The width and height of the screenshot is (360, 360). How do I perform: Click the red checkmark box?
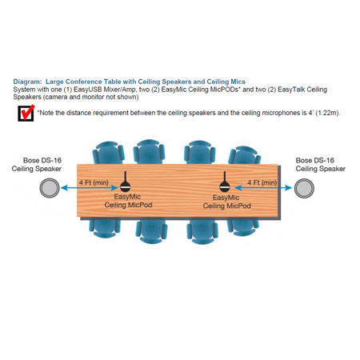click(x=26, y=113)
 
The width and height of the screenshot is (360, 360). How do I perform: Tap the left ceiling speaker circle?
click(x=50, y=188)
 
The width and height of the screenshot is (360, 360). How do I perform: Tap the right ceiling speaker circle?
click(x=304, y=188)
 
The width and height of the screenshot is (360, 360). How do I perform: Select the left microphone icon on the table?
click(x=125, y=182)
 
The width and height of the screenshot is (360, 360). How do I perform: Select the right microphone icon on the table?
click(x=225, y=182)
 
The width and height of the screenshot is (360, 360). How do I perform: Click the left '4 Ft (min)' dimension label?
click(x=94, y=182)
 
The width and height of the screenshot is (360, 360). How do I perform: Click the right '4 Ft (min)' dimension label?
click(x=262, y=182)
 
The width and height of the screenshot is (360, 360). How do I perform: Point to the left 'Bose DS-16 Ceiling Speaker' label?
click(x=37, y=165)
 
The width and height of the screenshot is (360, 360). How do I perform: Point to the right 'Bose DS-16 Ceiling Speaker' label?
click(x=321, y=165)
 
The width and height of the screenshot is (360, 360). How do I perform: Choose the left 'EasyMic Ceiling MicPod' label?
click(x=128, y=201)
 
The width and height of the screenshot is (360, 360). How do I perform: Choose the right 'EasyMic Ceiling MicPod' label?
click(x=226, y=202)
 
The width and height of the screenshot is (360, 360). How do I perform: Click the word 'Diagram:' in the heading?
click(x=27, y=82)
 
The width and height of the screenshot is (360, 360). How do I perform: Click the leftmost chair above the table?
click(x=109, y=153)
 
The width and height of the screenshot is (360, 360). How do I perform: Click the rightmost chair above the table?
click(x=244, y=155)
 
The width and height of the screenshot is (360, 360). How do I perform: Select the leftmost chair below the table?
click(x=105, y=227)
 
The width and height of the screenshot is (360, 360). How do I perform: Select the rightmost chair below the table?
click(x=243, y=226)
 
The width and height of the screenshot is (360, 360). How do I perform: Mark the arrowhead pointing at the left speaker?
click(x=63, y=188)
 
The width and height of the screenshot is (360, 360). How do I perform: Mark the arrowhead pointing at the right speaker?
click(x=289, y=188)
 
